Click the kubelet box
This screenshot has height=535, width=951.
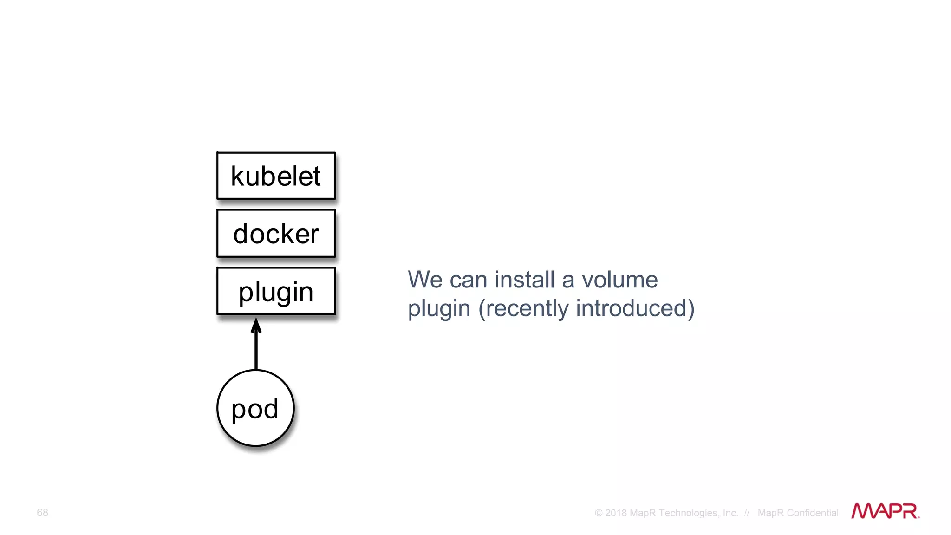coord(276,176)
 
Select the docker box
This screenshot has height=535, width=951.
coord(276,234)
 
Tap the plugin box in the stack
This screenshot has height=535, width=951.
coord(276,291)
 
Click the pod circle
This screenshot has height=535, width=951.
coord(255,408)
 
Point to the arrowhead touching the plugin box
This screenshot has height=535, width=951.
coord(256,325)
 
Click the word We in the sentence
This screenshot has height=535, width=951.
coord(424,280)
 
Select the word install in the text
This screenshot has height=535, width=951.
coord(524,280)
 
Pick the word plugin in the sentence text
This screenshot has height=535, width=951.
coord(439,309)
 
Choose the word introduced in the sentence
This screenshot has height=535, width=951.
coord(634,309)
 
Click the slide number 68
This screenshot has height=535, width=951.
coord(42,512)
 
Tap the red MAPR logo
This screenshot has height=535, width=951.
coord(885,511)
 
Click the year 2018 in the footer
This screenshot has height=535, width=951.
coord(616,513)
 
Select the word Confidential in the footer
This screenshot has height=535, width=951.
coord(812,513)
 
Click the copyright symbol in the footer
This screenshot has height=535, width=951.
coord(599,513)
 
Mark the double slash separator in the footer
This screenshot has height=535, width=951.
coord(747,513)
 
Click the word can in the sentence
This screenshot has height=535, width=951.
coord(468,280)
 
